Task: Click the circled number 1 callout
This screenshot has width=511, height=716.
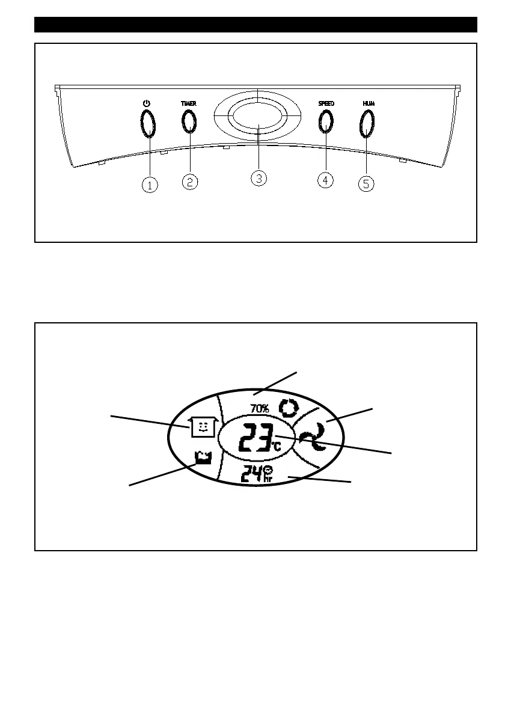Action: [150, 186]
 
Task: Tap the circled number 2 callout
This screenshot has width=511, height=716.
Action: [189, 182]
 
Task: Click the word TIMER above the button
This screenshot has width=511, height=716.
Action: [189, 103]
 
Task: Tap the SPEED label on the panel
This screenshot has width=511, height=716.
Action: [326, 103]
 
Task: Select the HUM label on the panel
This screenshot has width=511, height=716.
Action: [368, 103]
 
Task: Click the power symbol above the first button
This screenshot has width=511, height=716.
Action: [146, 103]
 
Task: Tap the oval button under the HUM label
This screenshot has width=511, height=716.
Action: [367, 124]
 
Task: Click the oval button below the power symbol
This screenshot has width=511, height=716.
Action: [147, 124]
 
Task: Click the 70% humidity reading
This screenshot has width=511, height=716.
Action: [260, 409]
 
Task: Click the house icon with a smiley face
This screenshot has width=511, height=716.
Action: [202, 427]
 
